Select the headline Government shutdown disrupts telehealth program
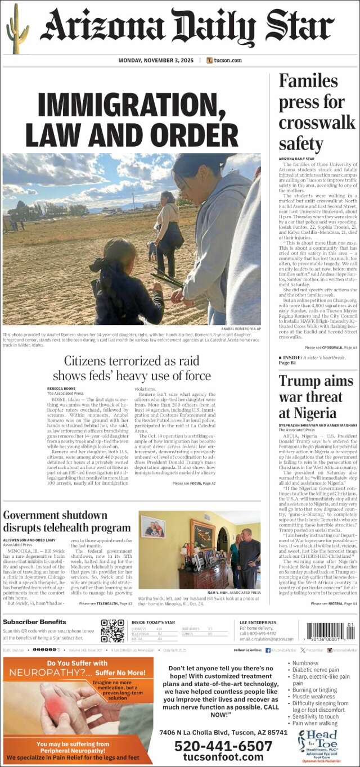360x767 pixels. point(66,521)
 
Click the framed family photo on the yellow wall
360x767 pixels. point(152,527)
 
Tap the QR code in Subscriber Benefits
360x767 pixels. point(112,630)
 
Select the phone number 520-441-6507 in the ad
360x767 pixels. point(223,746)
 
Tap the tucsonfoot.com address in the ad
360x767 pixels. point(223,757)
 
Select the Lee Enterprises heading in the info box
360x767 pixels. point(256,622)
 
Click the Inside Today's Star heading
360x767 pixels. point(153,622)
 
